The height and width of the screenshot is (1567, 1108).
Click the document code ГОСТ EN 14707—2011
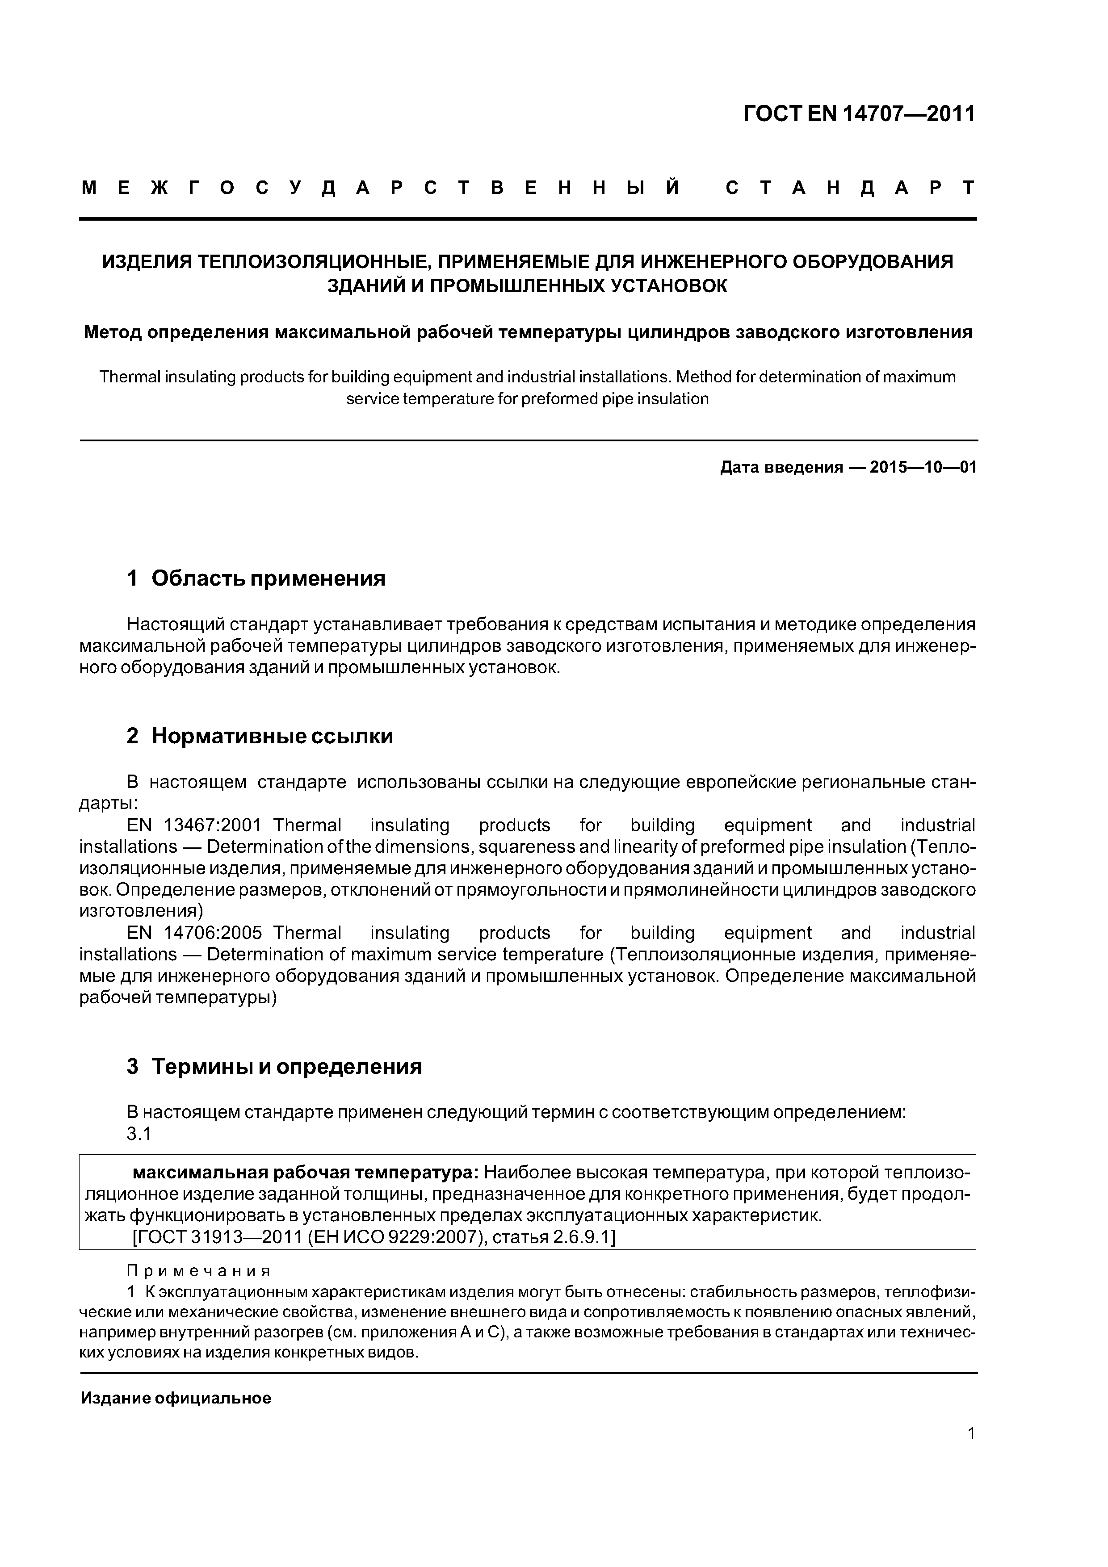tap(859, 113)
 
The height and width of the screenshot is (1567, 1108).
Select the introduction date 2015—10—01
tap(923, 468)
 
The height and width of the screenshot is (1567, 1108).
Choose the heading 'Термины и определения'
tap(286, 1066)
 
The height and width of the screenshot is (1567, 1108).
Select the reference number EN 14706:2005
tap(194, 933)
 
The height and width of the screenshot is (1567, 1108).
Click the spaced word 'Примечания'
tap(199, 1271)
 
